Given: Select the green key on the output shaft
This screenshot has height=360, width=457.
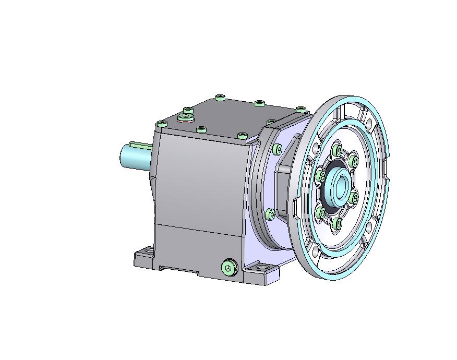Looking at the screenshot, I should (140, 145).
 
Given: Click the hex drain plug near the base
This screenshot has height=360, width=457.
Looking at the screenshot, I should (228, 268).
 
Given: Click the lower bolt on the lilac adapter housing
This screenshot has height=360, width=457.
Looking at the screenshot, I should (270, 213).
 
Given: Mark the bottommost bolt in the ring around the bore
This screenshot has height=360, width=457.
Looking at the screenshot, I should (337, 223).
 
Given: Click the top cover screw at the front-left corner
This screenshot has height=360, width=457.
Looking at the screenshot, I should (162, 124).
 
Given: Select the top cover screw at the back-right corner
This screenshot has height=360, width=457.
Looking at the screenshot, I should (300, 109).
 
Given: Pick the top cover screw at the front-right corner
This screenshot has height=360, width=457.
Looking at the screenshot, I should (242, 136).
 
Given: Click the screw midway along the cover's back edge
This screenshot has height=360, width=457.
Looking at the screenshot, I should (260, 103).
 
